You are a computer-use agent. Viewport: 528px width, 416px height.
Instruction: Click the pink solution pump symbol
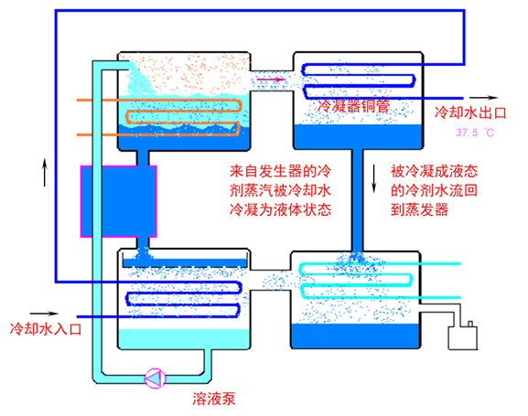pos(155,379)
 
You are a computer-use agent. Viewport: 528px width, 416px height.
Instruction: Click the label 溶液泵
pos(214,399)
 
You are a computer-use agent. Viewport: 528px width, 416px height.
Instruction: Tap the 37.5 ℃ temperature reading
pos(475,133)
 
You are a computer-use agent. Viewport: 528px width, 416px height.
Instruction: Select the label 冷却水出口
pos(470,112)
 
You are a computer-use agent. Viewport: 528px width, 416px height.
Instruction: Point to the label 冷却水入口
pos(46,328)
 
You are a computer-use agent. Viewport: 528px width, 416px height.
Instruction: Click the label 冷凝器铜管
pos(353,106)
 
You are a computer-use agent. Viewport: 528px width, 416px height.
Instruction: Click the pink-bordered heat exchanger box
pos(119,201)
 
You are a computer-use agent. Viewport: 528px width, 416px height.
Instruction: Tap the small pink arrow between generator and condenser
pos(270,80)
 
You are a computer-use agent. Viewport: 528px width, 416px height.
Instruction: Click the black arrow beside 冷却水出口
pos(483,98)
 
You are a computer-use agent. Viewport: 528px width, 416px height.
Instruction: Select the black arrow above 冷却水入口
pos(44,314)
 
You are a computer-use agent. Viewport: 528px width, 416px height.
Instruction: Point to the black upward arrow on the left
pos(45,172)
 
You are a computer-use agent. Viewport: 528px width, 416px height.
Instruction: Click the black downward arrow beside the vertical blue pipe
pos(373,178)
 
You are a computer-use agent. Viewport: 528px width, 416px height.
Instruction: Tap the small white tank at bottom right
pos(463,337)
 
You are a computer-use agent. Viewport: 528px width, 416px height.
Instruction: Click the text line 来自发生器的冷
pos(281,171)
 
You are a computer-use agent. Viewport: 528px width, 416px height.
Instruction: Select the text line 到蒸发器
pos(420,209)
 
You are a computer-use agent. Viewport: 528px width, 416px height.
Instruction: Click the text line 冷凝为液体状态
pos(281,209)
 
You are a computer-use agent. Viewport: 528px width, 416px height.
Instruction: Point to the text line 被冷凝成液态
pos(434,171)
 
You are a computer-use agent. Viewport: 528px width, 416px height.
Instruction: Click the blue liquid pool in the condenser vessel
pos(359,136)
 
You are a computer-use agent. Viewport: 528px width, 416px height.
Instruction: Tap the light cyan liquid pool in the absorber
pos(184,338)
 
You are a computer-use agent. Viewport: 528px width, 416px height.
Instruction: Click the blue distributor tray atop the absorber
pos(185,263)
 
